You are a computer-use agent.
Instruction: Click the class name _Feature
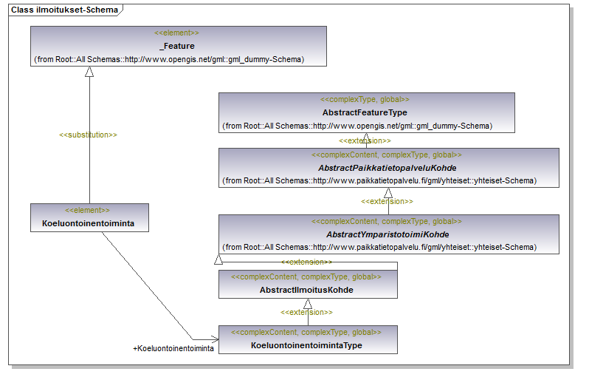click(x=177, y=46)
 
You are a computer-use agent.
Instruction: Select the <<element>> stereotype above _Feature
click(x=177, y=33)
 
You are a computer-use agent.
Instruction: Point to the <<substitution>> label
click(x=88, y=135)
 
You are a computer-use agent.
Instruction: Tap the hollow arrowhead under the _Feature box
click(x=89, y=72)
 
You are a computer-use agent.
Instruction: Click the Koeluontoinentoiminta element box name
click(x=89, y=223)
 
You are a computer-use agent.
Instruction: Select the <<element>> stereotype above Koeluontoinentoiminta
click(x=89, y=211)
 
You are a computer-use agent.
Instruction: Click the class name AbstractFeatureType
click(x=365, y=112)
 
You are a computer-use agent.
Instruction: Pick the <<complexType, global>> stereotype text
click(x=365, y=99)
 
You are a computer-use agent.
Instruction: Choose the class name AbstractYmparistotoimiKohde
click(x=387, y=234)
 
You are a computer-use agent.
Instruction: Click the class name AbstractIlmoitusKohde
click(x=306, y=290)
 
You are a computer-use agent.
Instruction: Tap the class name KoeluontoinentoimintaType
click(x=306, y=345)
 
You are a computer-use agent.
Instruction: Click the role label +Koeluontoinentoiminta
click(x=173, y=348)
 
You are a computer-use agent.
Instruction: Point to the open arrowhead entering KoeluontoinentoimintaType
click(x=213, y=339)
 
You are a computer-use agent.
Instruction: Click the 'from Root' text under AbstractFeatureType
click(x=357, y=126)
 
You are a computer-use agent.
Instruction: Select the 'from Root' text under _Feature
click(x=169, y=59)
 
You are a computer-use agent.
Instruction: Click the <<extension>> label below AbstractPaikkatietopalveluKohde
click(x=387, y=201)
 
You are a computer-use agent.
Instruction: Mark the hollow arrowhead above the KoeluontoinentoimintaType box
click(x=308, y=303)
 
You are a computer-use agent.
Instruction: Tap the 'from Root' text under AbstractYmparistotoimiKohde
click(x=379, y=247)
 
